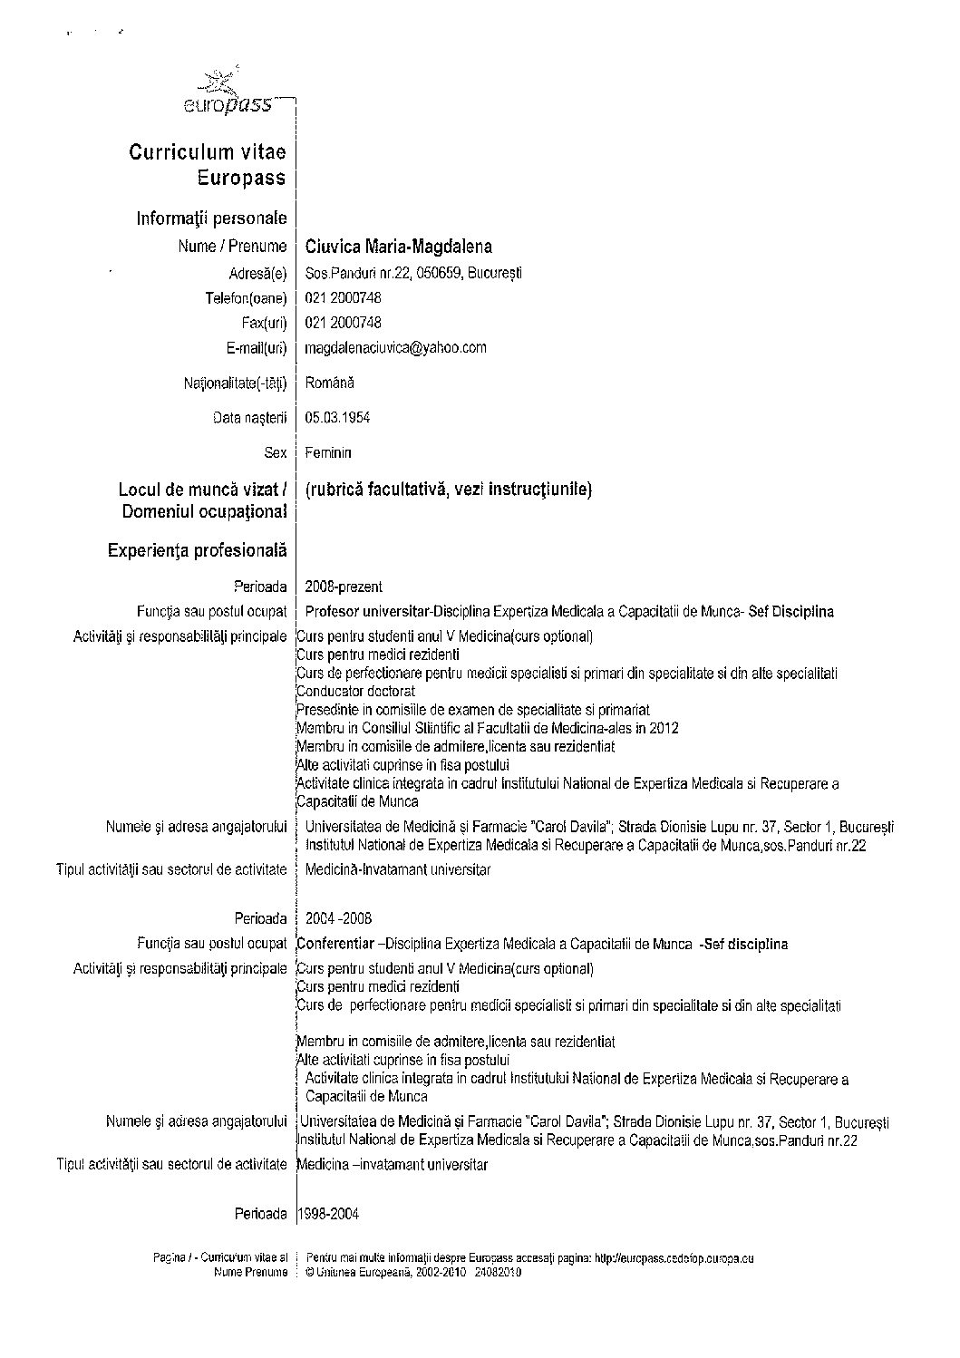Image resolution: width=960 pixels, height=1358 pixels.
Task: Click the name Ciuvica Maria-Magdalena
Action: (399, 247)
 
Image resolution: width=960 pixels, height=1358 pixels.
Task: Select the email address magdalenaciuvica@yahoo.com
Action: (396, 347)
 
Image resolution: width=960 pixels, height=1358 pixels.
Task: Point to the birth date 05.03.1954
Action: (337, 418)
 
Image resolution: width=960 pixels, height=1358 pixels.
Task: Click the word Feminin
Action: (328, 452)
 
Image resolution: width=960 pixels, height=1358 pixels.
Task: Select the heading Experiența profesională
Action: (197, 550)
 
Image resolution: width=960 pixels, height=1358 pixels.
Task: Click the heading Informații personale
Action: (211, 218)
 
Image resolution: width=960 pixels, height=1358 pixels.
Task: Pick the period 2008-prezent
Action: (344, 587)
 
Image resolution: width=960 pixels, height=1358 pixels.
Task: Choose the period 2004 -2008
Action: (338, 918)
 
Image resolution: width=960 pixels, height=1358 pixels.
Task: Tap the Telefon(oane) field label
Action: (246, 298)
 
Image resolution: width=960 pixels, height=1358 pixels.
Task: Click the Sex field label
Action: (276, 452)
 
